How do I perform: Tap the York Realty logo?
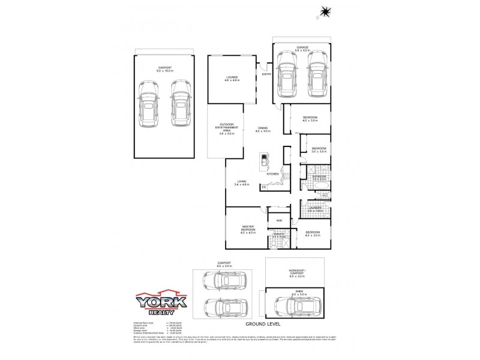tap(160, 304)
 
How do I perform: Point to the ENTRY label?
tap(266, 74)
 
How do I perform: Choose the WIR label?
tap(279, 221)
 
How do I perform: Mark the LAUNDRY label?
tap(315, 209)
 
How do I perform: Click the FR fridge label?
tap(263, 187)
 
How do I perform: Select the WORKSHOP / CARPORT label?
tap(297, 272)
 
